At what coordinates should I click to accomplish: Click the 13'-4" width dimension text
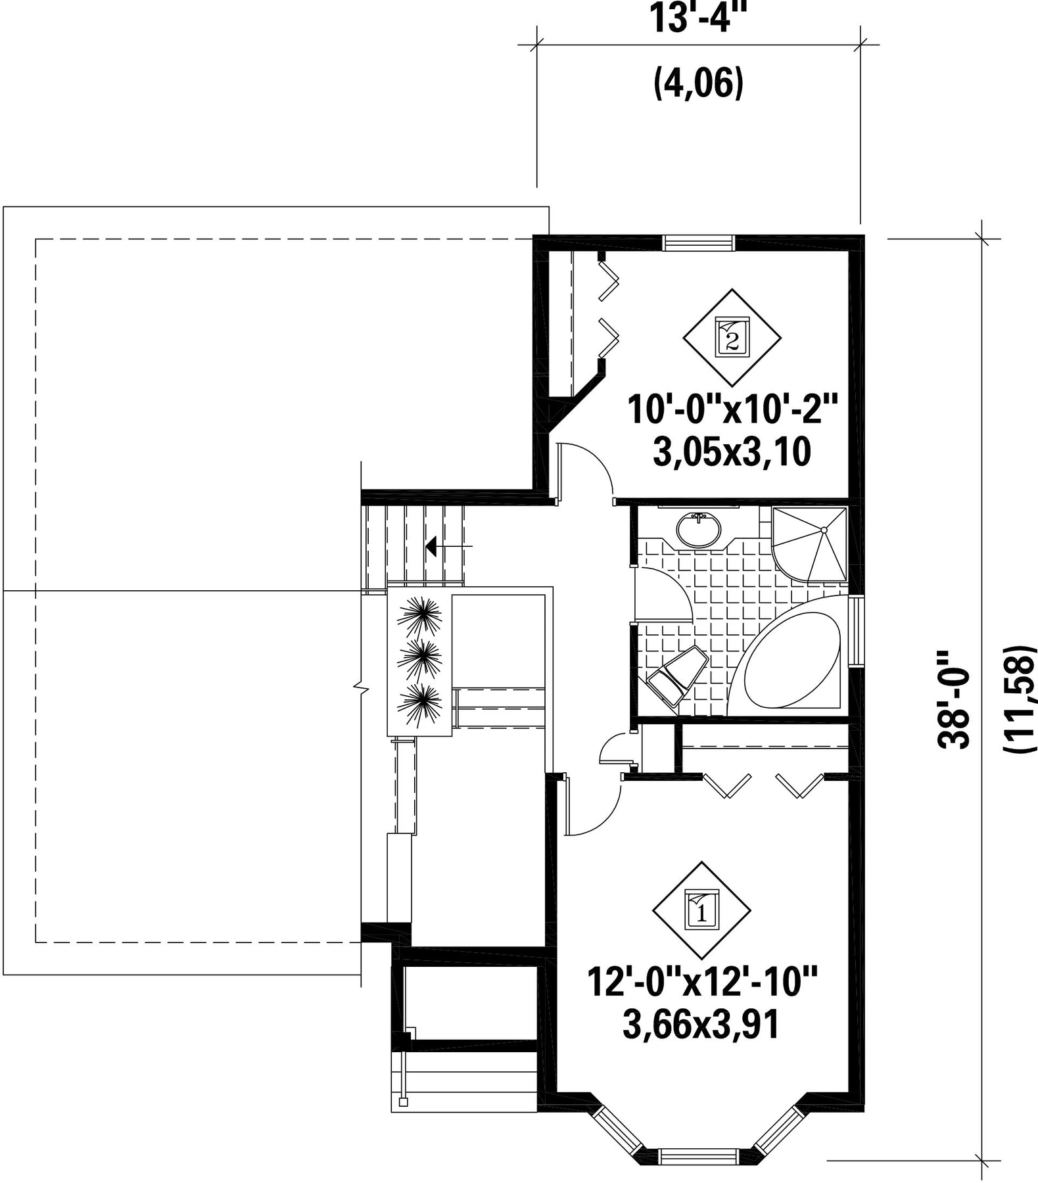click(699, 18)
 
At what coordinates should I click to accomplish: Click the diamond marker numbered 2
click(732, 338)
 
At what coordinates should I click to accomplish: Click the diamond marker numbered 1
click(701, 910)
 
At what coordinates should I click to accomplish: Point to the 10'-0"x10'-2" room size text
click(733, 410)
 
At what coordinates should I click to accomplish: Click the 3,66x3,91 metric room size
click(701, 1025)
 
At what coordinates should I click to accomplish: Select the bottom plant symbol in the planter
click(421, 705)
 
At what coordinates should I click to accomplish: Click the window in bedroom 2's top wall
click(698, 243)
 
